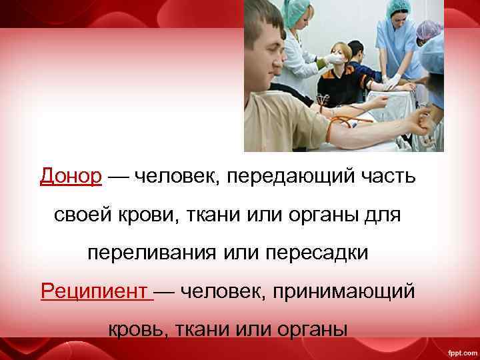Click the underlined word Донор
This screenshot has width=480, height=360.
coord(71,177)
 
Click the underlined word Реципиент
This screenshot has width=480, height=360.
coord(95,291)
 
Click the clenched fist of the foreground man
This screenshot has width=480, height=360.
coord(421,120)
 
